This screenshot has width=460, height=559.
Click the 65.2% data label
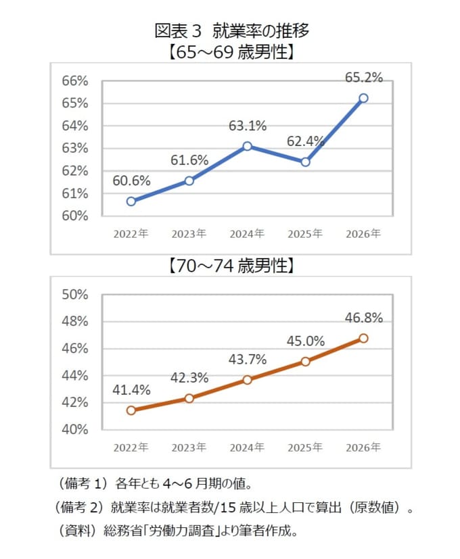point(364,77)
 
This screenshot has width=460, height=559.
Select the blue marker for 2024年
point(248,146)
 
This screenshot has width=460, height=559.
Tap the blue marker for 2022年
point(131,201)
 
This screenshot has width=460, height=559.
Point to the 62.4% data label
point(306,141)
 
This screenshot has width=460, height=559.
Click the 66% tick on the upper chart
point(75,81)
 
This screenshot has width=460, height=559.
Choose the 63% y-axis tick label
point(75,148)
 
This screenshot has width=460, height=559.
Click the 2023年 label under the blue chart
point(189,234)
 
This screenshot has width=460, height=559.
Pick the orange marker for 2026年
point(363,339)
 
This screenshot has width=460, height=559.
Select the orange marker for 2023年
point(189,398)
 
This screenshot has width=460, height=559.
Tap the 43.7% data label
point(248,360)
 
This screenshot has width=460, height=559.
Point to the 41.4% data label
point(131,390)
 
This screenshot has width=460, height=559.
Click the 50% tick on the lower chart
point(75,295)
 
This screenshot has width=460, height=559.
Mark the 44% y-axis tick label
point(75,375)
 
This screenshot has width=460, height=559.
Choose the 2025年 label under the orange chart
point(305,447)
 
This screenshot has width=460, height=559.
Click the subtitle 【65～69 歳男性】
point(231,52)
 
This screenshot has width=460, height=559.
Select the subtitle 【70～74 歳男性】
point(231,266)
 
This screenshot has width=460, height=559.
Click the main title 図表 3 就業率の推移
point(231,30)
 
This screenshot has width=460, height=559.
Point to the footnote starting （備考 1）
point(156,484)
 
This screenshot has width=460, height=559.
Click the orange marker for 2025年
point(305,362)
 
